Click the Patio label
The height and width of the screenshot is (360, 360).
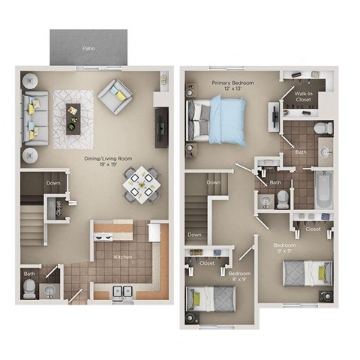coord(88,48)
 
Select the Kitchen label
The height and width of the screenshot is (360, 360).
coord(123,256)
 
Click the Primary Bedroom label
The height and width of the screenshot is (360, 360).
coord(232,83)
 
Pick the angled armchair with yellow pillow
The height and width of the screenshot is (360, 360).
coord(117,95)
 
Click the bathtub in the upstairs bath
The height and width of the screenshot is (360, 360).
coord(323,190)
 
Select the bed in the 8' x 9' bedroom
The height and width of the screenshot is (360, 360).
coord(211,301)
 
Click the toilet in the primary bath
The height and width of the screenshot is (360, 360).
coord(322,128)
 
